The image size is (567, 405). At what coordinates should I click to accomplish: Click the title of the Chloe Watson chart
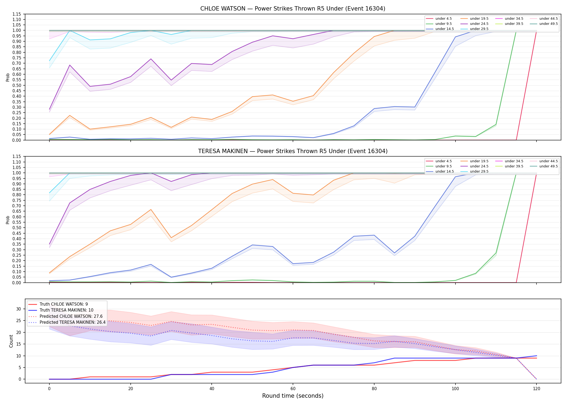point(293,9)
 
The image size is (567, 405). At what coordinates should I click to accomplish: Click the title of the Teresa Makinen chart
point(293,151)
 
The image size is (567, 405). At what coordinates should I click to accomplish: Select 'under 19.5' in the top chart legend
point(479,19)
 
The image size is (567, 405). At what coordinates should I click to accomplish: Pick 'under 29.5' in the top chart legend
point(479,29)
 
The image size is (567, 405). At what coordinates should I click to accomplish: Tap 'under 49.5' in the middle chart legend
point(549,166)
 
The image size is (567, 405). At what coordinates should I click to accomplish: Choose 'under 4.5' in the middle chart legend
point(444,161)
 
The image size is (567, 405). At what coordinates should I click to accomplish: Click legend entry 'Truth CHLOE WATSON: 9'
point(64,304)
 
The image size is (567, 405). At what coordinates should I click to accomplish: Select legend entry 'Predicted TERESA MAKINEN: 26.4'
point(73,322)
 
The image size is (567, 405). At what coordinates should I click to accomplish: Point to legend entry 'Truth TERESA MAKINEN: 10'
point(66,310)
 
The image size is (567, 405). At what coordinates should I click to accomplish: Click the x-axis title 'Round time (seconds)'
point(293,396)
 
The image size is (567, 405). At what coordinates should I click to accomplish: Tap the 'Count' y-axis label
point(11,341)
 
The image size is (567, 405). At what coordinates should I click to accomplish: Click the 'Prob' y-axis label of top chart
point(8,77)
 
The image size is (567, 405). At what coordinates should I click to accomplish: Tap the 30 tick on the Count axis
point(19,309)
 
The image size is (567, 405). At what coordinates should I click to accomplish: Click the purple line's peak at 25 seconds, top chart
point(151,59)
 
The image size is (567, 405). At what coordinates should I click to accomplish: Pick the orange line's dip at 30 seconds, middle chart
point(171,238)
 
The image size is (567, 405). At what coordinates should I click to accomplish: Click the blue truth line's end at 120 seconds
point(536,356)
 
